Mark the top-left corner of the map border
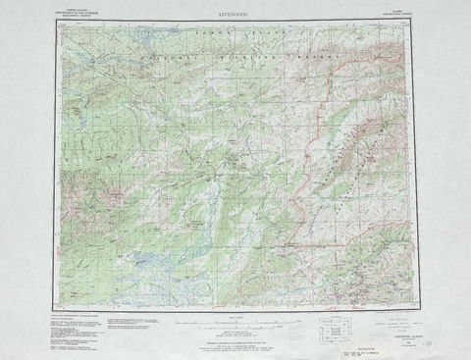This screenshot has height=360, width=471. pyautogui.click(x=56, y=22)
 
